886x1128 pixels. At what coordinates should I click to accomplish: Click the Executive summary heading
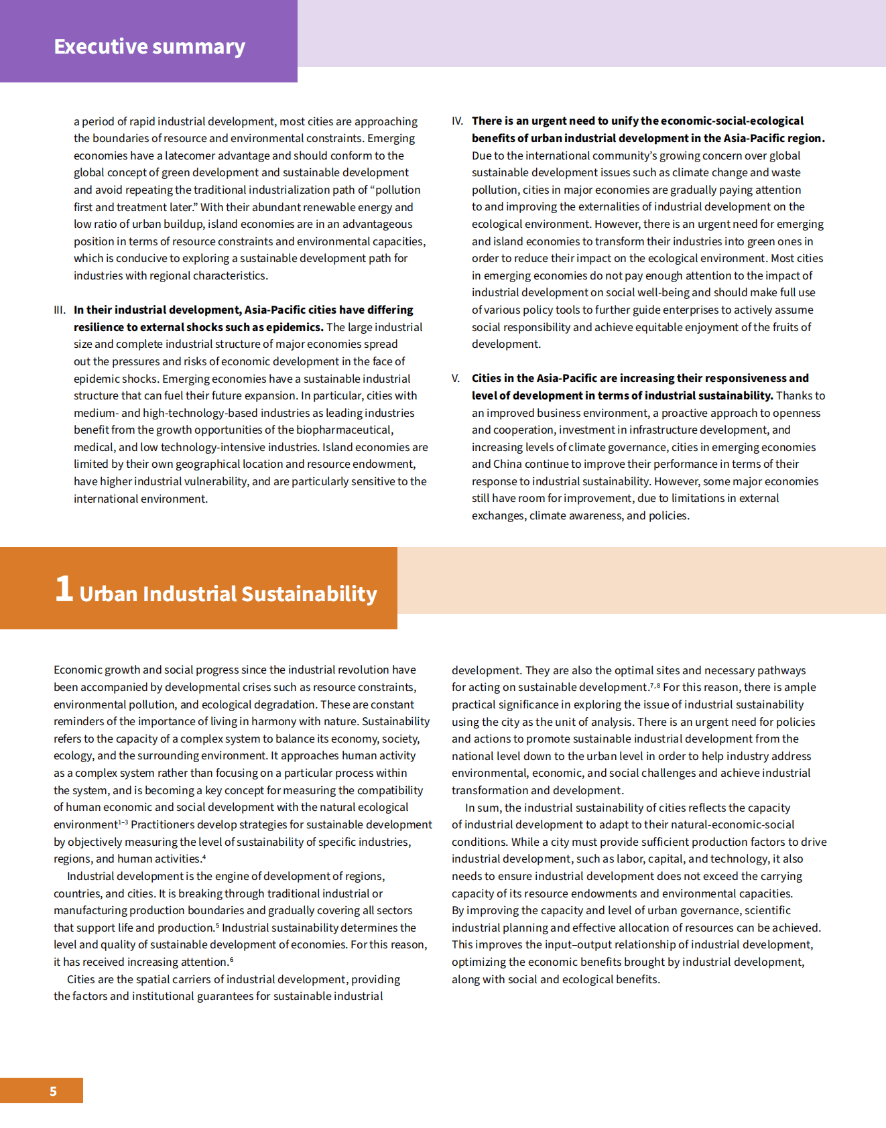pos(149,46)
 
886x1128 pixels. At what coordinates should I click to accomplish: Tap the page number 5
pos(53,1091)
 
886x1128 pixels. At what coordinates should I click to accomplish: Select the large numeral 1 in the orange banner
pos(64,588)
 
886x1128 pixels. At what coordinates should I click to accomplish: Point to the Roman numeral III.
pos(60,310)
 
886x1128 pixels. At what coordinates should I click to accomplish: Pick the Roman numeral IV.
pos(457,121)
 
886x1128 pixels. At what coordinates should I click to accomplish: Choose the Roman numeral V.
pos(456,379)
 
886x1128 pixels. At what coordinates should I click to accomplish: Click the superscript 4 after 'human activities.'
pos(204,857)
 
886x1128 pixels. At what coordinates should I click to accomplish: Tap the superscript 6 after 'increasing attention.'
pos(232,960)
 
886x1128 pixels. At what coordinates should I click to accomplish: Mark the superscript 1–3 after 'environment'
pos(123,822)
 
